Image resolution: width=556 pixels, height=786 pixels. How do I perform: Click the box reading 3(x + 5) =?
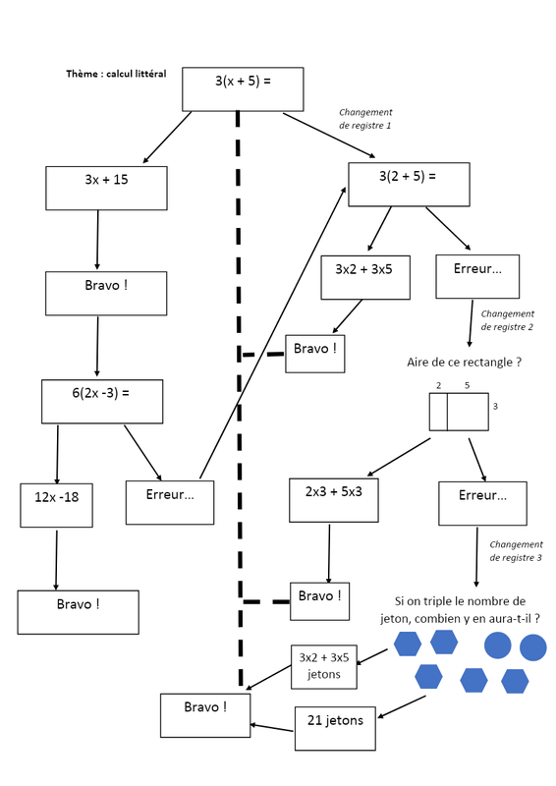[243, 89]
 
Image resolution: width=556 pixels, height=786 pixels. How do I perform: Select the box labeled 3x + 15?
[106, 188]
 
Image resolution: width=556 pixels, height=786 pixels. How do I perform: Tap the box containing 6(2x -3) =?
[102, 402]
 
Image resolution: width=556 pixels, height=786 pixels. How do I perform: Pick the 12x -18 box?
[57, 505]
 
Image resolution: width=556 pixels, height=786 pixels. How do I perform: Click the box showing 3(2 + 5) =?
[409, 185]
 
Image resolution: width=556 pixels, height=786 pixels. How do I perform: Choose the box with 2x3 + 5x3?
[334, 500]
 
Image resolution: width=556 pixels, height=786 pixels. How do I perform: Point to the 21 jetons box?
[335, 728]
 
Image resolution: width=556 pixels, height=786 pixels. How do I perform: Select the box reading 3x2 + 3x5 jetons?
[324, 667]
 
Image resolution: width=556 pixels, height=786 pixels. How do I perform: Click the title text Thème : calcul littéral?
[116, 74]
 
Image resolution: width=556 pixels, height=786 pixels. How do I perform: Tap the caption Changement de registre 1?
[365, 119]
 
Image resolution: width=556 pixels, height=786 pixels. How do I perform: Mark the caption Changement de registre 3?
[516, 551]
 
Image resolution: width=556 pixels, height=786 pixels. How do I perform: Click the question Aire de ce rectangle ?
[465, 362]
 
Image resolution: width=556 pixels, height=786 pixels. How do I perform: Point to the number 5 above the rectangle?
[468, 385]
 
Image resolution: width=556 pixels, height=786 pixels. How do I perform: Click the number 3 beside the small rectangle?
[495, 406]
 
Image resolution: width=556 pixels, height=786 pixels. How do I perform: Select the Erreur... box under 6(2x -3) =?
[170, 503]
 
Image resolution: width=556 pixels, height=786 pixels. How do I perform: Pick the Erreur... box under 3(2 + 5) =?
[477, 276]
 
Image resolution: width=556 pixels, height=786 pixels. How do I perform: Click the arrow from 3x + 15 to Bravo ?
[97, 240]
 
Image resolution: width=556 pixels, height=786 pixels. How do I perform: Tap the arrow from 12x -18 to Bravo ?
[56, 560]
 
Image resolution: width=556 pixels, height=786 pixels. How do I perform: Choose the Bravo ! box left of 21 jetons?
[205, 715]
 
